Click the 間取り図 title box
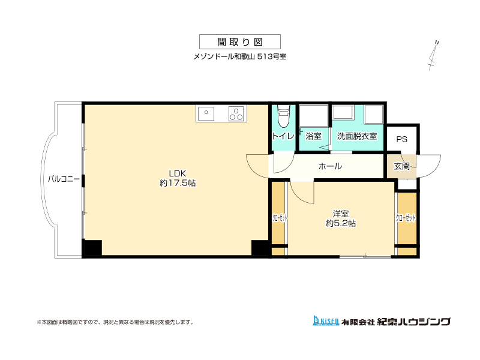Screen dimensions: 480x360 (239, 41)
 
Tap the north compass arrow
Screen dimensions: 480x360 (433, 56)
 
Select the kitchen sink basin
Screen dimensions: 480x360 (206, 113)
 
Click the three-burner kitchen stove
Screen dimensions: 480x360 (236, 113)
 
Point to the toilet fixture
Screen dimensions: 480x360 (283, 116)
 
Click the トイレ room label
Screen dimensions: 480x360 (283, 136)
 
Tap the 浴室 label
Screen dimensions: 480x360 (313, 136)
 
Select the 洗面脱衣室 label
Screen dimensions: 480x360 (357, 136)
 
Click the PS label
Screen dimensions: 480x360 (401, 140)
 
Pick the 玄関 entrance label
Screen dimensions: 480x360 (401, 166)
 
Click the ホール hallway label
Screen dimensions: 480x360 (330, 166)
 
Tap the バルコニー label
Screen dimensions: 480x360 (64, 179)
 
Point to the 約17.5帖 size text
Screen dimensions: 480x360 (178, 183)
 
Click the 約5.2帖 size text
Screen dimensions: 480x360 (341, 223)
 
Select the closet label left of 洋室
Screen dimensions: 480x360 (280, 218)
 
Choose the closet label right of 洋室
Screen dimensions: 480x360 (406, 218)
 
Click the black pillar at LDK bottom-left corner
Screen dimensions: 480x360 (93, 247)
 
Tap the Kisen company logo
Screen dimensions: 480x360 (326, 320)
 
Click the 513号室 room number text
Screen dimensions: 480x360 (272, 57)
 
